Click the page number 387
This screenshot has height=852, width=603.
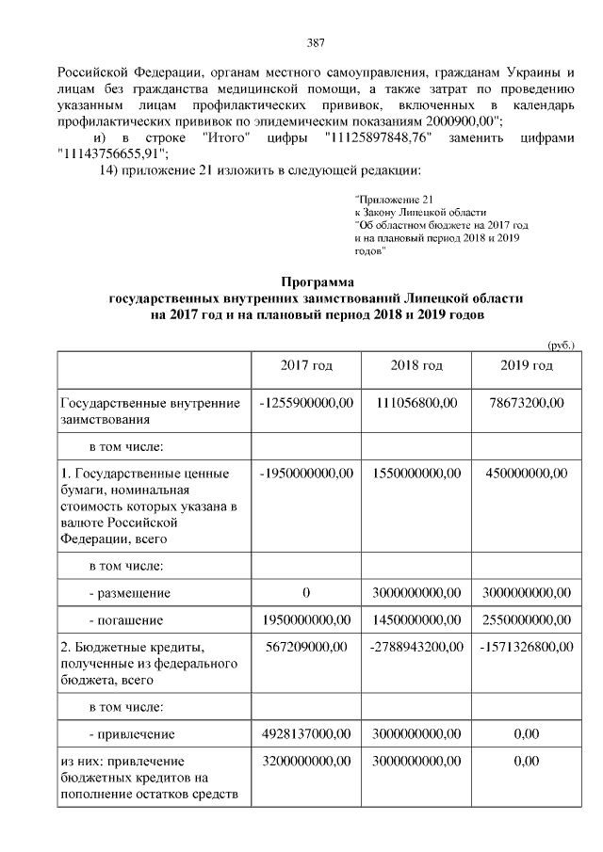317,41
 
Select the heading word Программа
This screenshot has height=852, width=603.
317,281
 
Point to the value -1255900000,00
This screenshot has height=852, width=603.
306,403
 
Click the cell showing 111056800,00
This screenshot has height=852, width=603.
416,403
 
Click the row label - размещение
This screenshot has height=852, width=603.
129,593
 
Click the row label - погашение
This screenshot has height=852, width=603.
126,620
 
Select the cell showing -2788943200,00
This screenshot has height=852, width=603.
416,648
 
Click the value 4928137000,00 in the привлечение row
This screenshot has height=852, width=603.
306,733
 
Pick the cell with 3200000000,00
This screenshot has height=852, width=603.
306,761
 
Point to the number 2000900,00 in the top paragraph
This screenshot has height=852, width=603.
463,121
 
